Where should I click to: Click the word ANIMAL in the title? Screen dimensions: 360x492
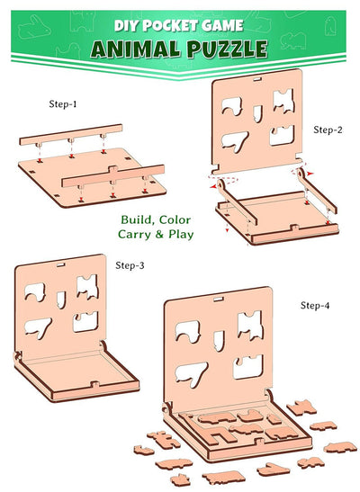135,49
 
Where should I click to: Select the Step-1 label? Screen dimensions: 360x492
63,103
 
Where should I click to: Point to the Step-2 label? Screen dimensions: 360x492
328,130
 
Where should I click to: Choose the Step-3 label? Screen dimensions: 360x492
130,265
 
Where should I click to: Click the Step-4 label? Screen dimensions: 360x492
315,305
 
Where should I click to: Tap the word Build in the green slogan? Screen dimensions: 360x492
137,220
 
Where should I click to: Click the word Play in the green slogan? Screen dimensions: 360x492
181,235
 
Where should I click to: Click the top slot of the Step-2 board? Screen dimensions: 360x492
257,79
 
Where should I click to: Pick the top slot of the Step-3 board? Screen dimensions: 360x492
61,264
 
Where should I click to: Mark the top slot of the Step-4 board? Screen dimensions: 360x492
219,299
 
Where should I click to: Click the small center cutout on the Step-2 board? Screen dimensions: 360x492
257,113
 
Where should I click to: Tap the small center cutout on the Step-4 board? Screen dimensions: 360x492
219,341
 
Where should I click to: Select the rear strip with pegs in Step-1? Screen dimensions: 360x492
71,135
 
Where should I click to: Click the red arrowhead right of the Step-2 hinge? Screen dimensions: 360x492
310,174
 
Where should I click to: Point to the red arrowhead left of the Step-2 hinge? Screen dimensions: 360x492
213,187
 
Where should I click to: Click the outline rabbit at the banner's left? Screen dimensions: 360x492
34,28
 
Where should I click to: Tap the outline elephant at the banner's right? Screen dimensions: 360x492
293,40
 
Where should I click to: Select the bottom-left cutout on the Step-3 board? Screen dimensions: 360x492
39,327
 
